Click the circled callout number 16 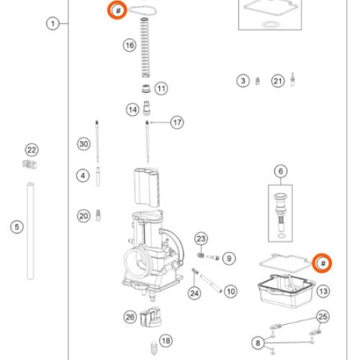129,45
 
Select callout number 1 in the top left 53,24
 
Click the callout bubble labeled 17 177,123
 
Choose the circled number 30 84,144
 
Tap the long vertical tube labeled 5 31,230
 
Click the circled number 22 31,150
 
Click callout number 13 323,291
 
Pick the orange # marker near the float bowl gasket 323,264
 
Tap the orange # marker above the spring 117,10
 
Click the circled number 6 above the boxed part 281,171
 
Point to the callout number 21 278,81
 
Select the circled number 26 130,316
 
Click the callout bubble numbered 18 166,341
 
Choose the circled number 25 323,316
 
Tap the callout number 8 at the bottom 258,342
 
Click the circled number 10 230,292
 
